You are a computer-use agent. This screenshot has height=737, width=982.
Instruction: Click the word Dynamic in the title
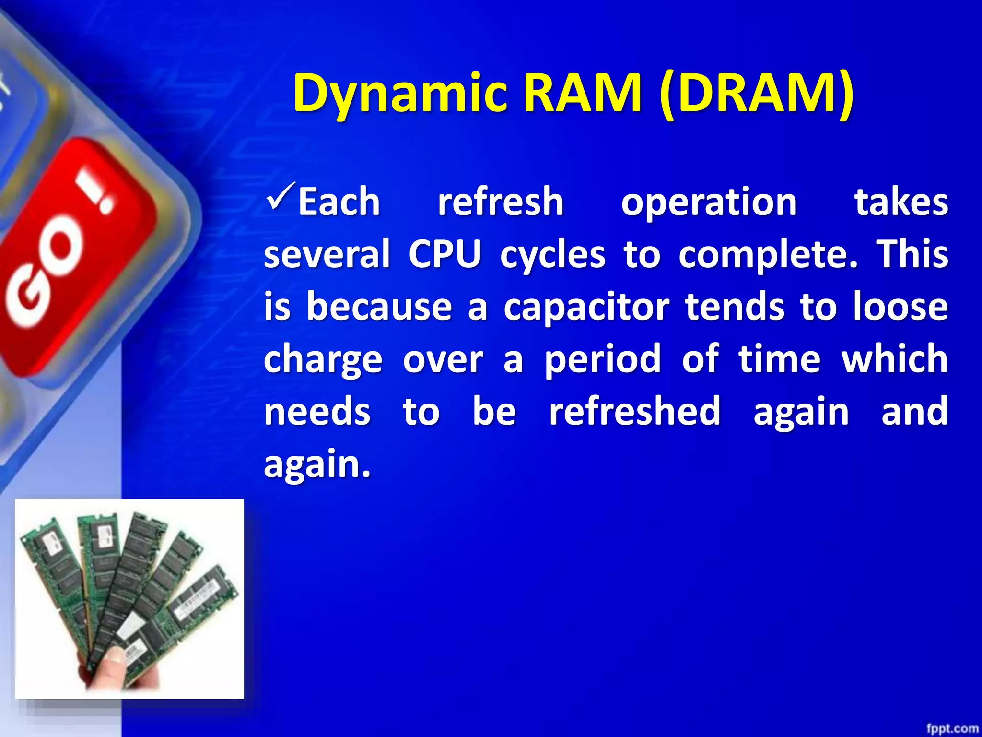pos(400,94)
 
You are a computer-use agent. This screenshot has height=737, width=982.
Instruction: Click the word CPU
pos(444,254)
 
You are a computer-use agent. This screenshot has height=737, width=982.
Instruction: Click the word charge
pos(323,360)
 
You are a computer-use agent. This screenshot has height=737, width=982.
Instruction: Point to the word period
pos(603,360)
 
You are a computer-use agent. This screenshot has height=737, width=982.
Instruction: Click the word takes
pos(901,202)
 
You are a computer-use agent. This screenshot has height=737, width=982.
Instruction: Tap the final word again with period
pos(317,465)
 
